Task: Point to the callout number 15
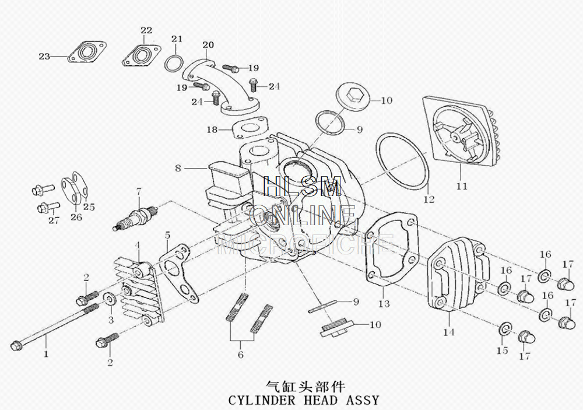502,351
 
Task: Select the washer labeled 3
109,301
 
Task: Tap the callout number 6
240,354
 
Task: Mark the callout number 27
54,220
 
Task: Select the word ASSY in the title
363,401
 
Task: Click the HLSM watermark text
301,187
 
